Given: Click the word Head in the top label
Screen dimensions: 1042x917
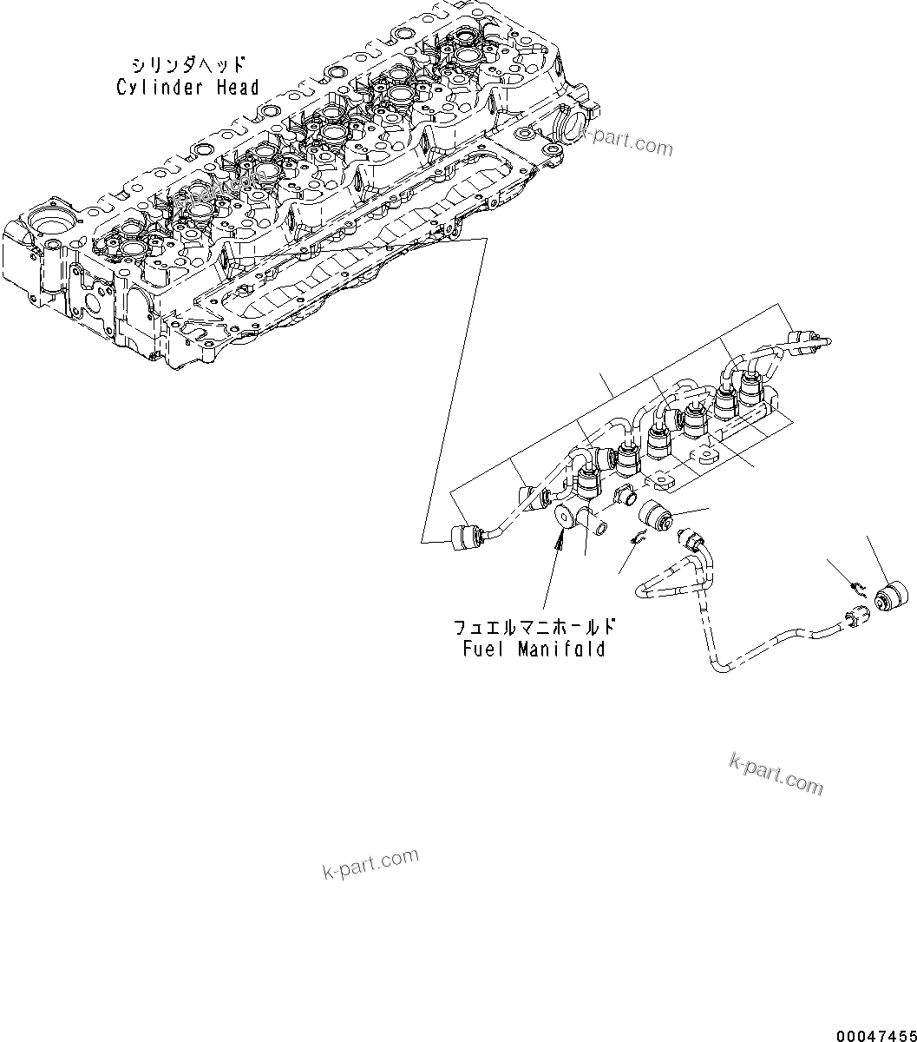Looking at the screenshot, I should [237, 87].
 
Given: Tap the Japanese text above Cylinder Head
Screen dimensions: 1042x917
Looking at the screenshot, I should [187, 65].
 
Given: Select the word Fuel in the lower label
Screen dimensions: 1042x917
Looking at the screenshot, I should [481, 649].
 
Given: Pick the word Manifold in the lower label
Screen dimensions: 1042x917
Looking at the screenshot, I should [560, 649].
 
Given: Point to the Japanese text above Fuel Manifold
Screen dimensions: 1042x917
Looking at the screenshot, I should [535, 627].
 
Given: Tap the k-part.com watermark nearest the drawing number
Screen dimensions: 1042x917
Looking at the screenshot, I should [776, 773].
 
